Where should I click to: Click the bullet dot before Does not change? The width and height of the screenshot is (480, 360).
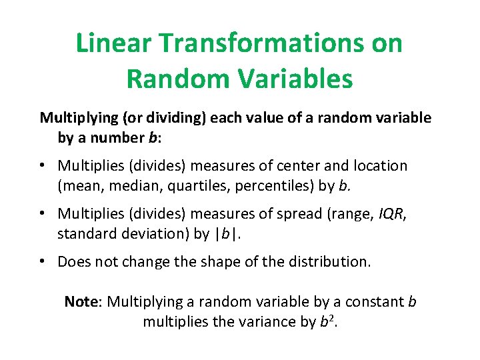click(43, 261)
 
